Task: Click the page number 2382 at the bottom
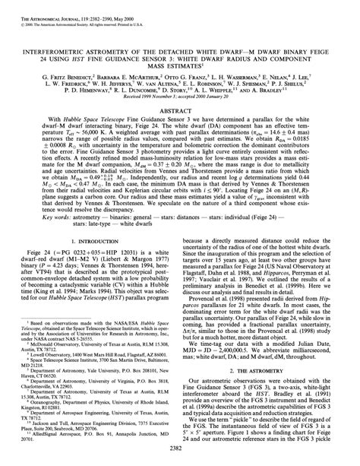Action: coord(180,451)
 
